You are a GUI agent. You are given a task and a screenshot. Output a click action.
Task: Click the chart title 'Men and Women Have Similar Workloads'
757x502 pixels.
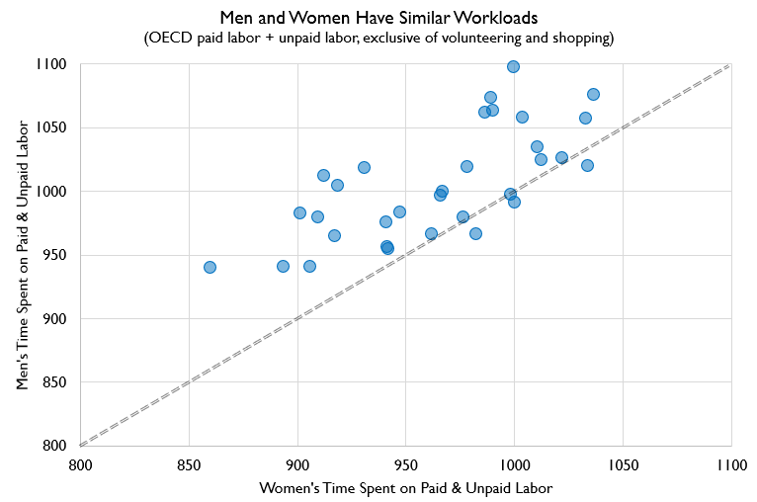point(378,17)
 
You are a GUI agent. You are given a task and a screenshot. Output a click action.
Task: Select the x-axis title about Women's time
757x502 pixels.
point(404,488)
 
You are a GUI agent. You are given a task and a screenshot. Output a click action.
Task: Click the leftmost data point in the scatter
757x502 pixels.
point(210,267)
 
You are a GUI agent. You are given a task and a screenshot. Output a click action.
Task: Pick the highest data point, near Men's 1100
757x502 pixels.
point(513,66)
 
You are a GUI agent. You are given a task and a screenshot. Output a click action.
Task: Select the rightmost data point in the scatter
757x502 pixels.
point(593,94)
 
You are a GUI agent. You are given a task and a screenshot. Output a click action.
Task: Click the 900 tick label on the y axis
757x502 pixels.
point(53,318)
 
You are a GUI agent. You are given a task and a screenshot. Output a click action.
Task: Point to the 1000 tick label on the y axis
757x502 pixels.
point(50,191)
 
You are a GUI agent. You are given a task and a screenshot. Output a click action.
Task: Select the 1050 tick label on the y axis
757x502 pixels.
point(50,127)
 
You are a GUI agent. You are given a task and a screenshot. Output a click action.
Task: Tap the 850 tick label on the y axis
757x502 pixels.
point(53,381)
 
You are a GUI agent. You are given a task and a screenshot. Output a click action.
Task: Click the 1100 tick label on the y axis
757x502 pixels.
point(50,64)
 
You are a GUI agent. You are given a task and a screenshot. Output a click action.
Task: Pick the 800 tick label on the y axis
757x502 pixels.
point(53,446)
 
